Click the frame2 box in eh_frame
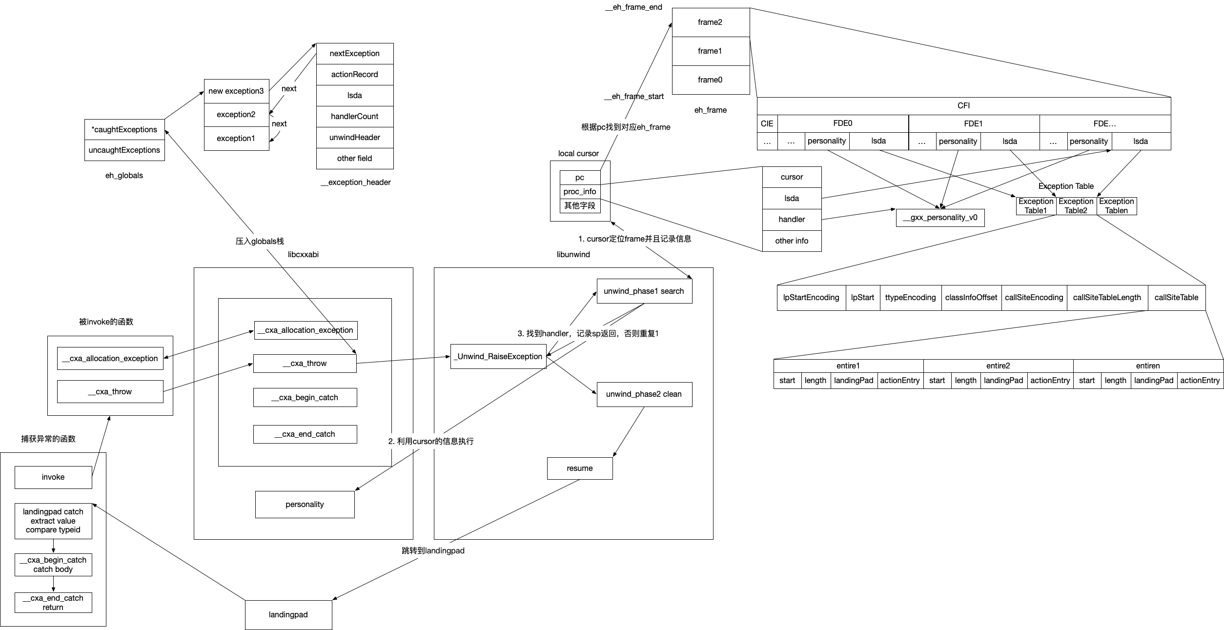tap(711, 22)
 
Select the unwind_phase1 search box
tap(644, 291)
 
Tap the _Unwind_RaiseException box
tap(498, 357)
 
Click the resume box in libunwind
tap(580, 468)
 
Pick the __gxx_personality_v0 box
tap(940, 218)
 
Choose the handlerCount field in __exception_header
tap(355, 117)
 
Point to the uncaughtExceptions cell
tap(124, 150)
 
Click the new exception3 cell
tap(236, 91)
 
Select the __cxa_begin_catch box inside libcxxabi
tap(305, 398)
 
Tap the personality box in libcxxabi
tap(305, 505)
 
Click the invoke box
tap(53, 477)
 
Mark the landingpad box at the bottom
tap(288, 615)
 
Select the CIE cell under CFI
tap(767, 124)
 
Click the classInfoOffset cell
tap(971, 298)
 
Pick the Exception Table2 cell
tap(1076, 206)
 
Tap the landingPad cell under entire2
tap(1003, 381)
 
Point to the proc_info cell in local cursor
tap(580, 192)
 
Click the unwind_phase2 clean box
tap(644, 394)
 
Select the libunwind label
tap(573, 255)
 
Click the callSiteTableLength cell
tap(1107, 298)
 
